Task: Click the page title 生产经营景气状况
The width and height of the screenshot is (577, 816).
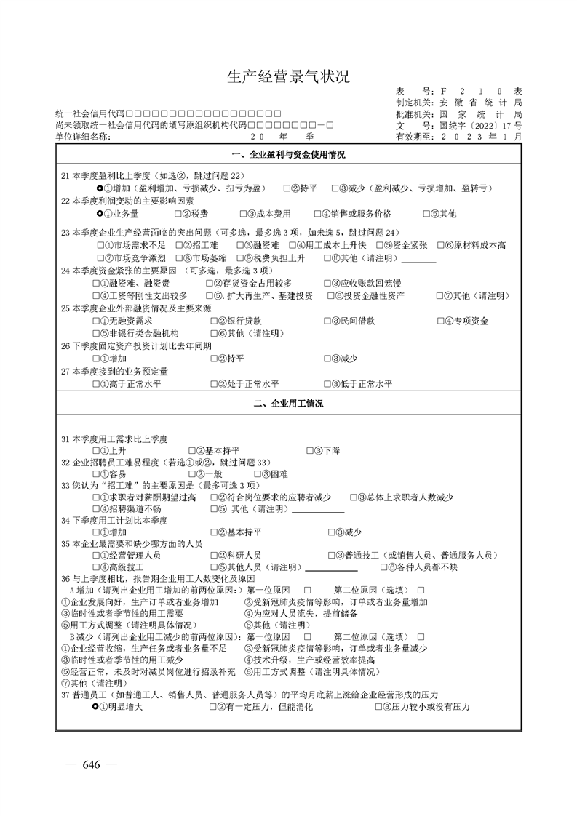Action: tap(288, 77)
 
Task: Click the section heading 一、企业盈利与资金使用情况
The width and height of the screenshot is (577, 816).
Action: tap(288, 155)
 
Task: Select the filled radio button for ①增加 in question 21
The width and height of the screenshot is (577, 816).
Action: tap(99, 188)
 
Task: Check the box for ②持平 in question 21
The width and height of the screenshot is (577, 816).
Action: tap(284, 188)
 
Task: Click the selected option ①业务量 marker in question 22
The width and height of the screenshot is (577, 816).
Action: tap(99, 214)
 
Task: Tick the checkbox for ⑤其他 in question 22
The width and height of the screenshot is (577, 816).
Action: tap(426, 214)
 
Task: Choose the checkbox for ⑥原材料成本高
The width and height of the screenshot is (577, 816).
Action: tap(441, 245)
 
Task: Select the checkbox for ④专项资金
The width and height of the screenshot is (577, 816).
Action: tap(441, 321)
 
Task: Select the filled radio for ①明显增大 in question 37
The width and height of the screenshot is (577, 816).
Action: tap(97, 706)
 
